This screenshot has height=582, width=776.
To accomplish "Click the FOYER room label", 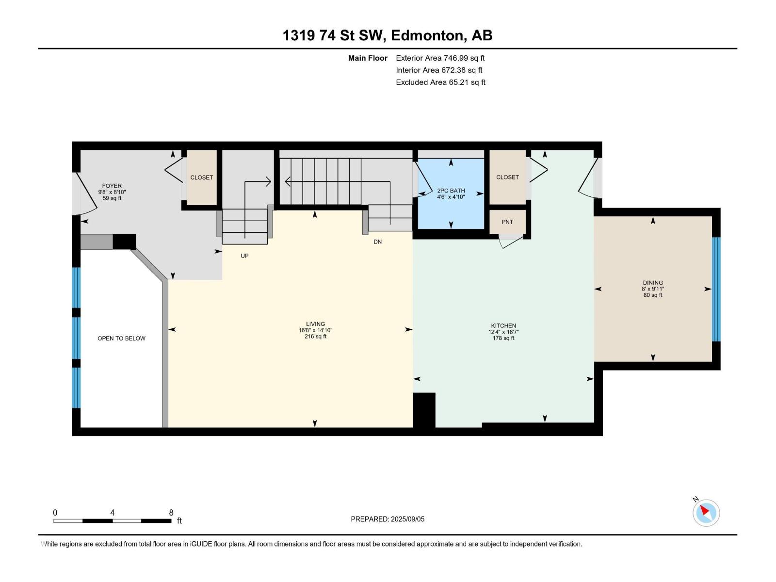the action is (x=112, y=186).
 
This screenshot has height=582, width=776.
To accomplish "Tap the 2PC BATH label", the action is (x=451, y=191).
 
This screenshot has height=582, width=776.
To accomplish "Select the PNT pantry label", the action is (x=507, y=222).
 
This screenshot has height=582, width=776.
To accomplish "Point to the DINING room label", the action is (x=653, y=283).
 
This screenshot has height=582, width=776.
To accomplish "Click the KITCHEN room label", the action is (x=503, y=325).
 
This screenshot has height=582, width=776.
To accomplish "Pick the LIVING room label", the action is (x=315, y=323).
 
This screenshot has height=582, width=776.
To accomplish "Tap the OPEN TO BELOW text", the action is (x=121, y=338).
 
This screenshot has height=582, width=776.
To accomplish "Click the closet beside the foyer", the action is (x=201, y=178).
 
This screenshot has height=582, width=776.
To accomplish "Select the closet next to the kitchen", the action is (x=507, y=177).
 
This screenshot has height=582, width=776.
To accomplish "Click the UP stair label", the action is (x=244, y=256).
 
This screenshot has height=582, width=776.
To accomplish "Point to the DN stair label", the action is (x=377, y=242).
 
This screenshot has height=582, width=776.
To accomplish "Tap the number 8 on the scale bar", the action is (x=171, y=512).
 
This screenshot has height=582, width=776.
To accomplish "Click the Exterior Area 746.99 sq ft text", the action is (x=440, y=58).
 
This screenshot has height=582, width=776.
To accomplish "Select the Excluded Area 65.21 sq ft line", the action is (x=440, y=82).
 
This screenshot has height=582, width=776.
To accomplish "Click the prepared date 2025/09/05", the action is (x=407, y=519).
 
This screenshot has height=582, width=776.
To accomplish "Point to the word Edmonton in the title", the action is (x=427, y=35).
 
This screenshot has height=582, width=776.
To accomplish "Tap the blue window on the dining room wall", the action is (x=716, y=289).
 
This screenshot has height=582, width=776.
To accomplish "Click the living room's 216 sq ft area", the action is (x=315, y=337).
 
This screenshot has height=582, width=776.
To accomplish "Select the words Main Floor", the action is (x=368, y=58).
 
